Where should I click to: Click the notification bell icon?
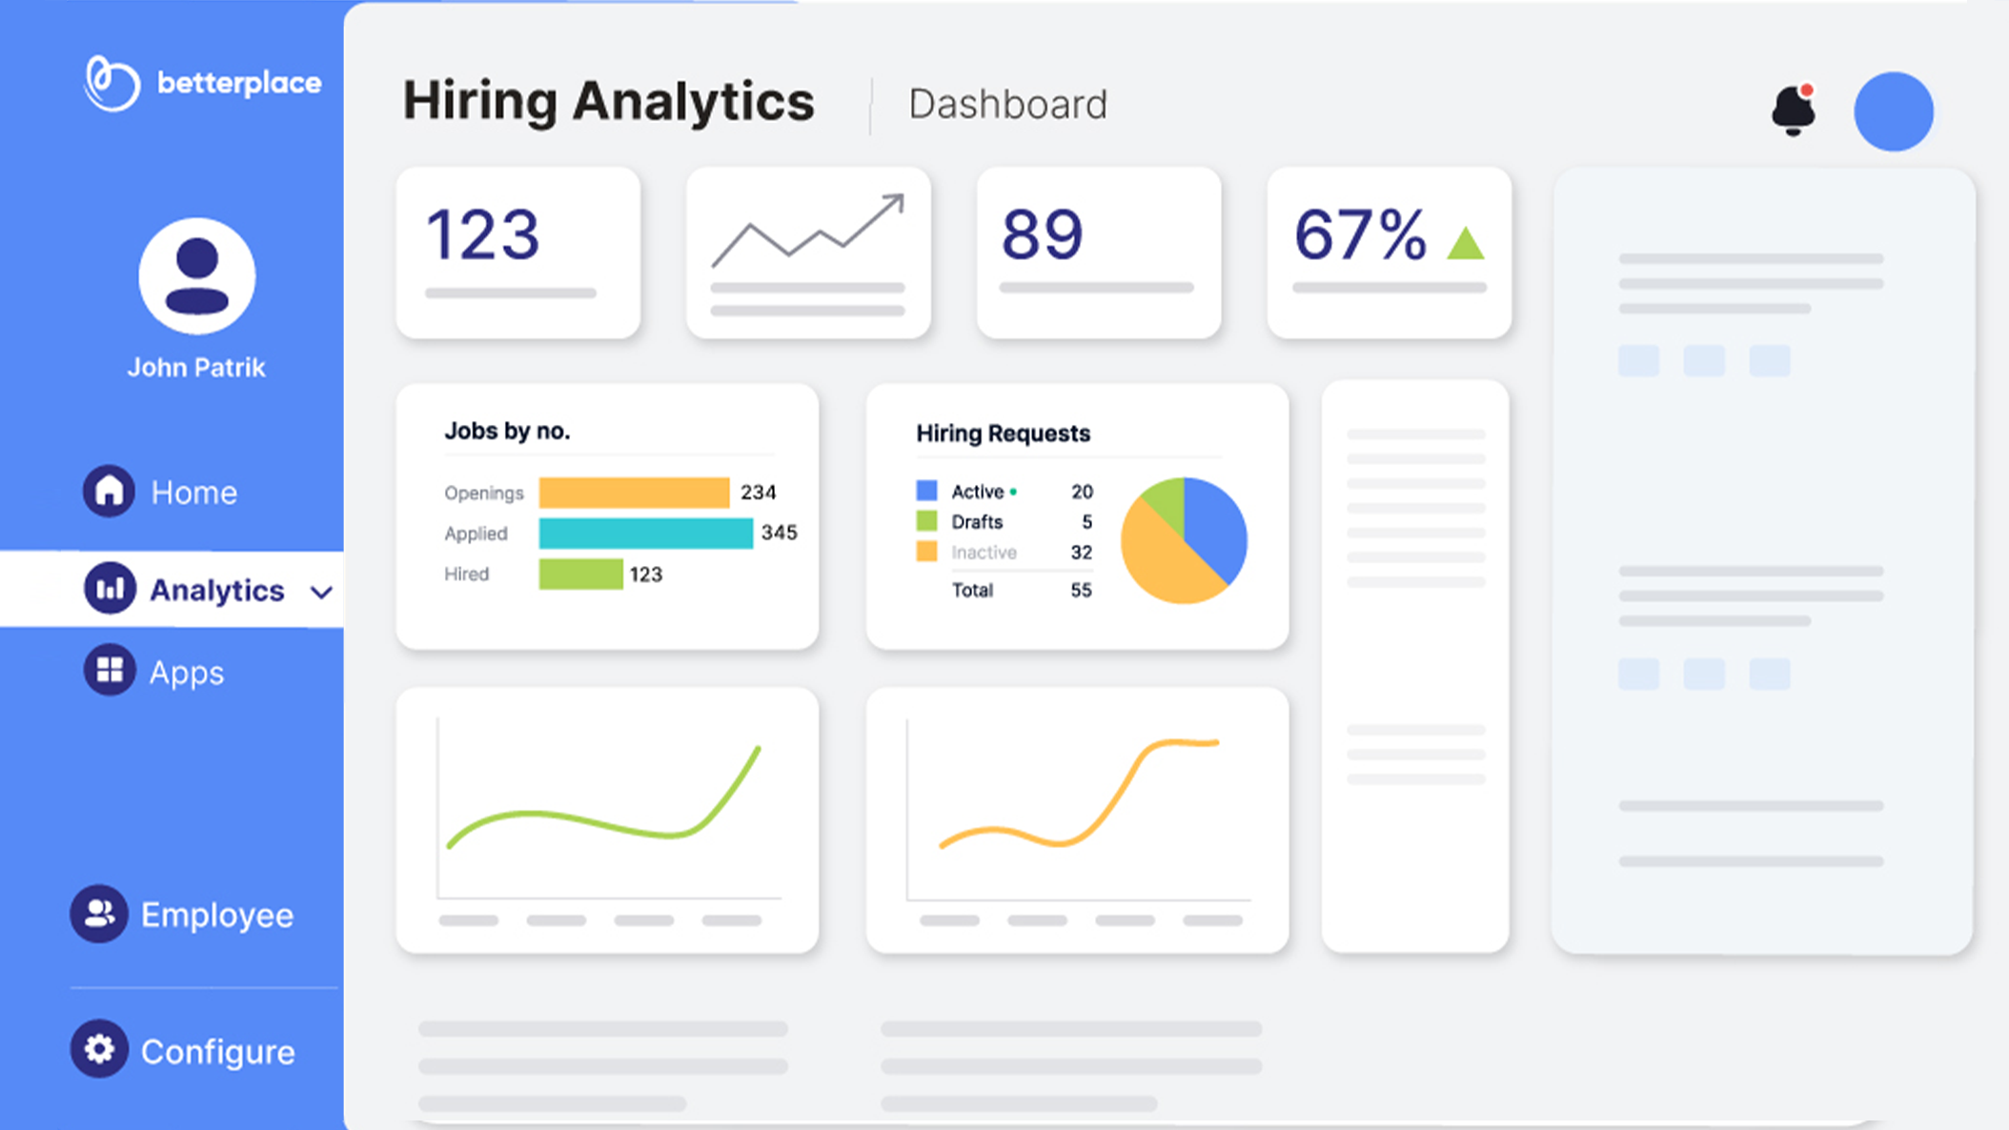(x=1793, y=111)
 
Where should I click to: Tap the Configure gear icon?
(x=99, y=1049)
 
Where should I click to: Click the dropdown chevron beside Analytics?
(x=321, y=592)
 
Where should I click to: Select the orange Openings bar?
(x=634, y=493)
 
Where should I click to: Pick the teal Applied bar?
(x=645, y=533)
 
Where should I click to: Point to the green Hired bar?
(x=580, y=574)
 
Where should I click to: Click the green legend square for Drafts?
(x=926, y=521)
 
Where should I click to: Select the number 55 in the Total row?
(x=1081, y=590)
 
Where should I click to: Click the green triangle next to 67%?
(x=1465, y=243)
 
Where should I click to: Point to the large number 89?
(x=1042, y=234)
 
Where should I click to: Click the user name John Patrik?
(x=196, y=368)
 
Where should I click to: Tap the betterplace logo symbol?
(x=112, y=83)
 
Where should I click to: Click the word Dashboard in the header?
(x=1007, y=104)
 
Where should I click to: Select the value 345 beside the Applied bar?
(x=779, y=533)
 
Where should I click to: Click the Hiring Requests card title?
(x=1003, y=434)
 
